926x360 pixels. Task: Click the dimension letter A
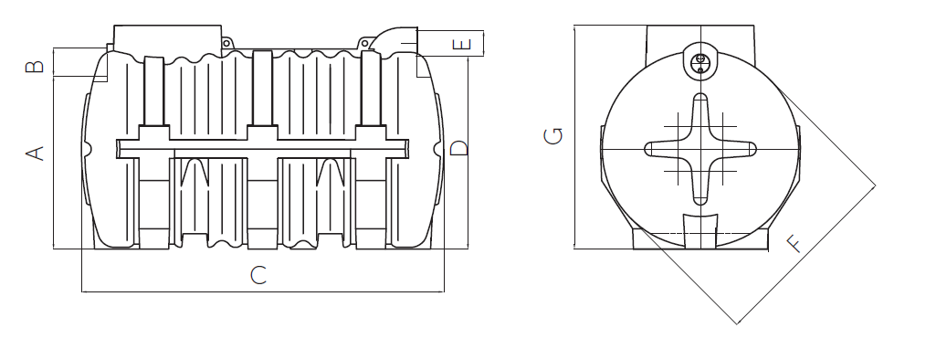point(36,154)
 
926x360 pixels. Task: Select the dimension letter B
point(36,65)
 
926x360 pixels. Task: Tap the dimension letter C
point(258,275)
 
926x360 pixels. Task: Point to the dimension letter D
point(458,148)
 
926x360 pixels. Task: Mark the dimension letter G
point(553,136)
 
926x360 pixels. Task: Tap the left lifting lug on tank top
point(226,43)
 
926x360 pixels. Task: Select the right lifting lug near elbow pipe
point(365,43)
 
